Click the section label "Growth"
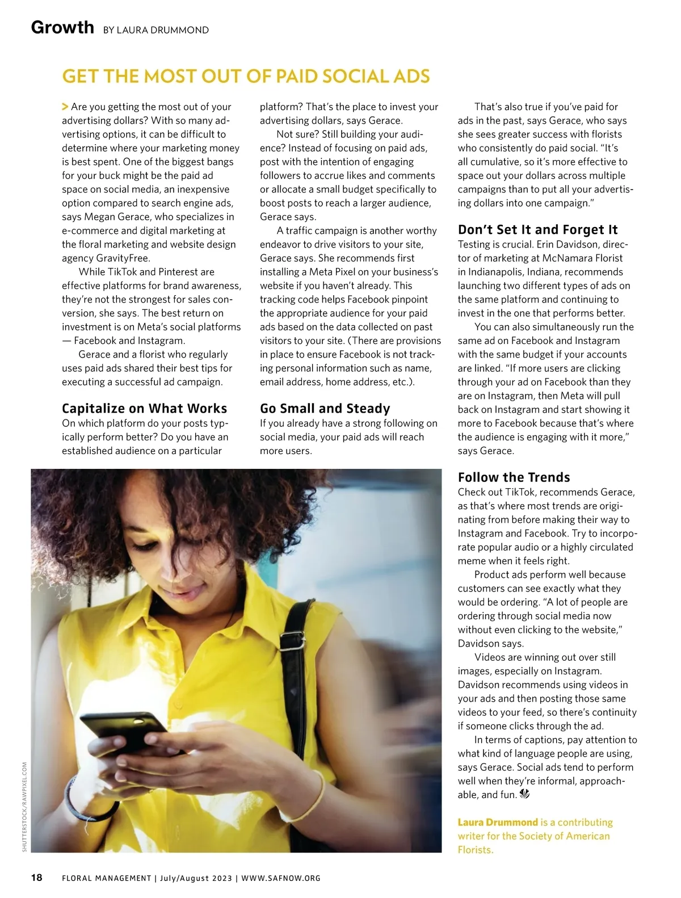pyautogui.click(x=62, y=27)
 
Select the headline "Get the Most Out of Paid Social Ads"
pyautogui.click(x=246, y=77)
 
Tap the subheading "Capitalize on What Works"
pyautogui.click(x=144, y=409)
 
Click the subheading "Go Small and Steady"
pyautogui.click(x=325, y=409)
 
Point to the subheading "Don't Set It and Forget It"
pyautogui.click(x=537, y=230)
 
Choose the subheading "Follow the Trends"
pyautogui.click(x=514, y=477)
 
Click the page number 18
pyautogui.click(x=36, y=878)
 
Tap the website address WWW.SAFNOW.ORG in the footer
pyautogui.click(x=281, y=878)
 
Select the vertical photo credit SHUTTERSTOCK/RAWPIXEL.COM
pyautogui.click(x=24, y=806)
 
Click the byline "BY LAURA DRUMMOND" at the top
pyautogui.click(x=156, y=30)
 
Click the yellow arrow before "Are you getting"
pyautogui.click(x=65, y=107)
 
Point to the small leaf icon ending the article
pyautogui.click(x=524, y=795)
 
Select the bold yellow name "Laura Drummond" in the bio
pyautogui.click(x=498, y=823)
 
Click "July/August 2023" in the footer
pyautogui.click(x=196, y=878)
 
